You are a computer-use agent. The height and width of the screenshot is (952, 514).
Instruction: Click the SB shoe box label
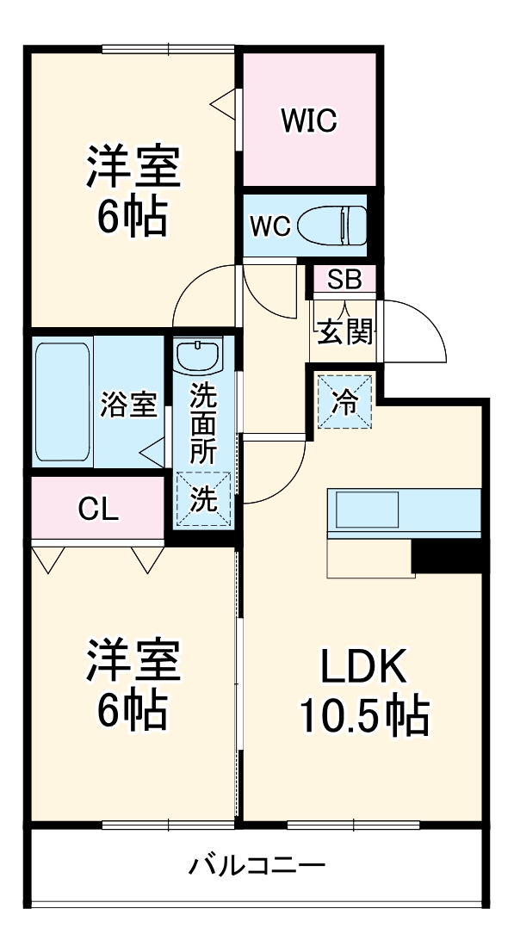(344, 280)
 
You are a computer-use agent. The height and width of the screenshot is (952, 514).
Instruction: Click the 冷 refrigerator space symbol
(344, 402)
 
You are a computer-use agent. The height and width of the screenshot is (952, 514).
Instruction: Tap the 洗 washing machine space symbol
(204, 499)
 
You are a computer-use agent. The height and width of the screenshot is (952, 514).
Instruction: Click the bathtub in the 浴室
(63, 402)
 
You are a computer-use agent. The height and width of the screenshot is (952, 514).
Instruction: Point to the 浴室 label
(129, 405)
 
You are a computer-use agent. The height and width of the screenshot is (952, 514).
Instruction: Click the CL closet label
(98, 510)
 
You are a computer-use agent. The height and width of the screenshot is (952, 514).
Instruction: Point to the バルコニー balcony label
(257, 863)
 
